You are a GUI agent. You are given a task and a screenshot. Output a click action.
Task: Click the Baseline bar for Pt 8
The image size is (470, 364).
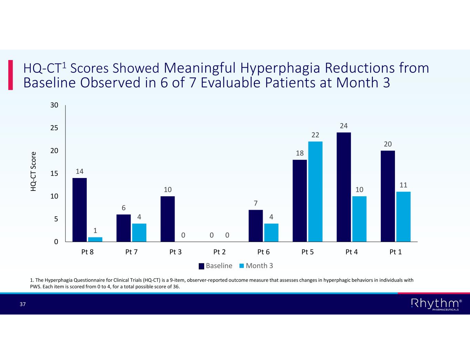coord(80,209)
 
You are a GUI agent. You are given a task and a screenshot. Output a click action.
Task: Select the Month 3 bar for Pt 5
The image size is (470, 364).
coord(315,191)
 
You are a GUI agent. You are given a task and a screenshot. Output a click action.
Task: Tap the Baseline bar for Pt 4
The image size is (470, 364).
coord(344,187)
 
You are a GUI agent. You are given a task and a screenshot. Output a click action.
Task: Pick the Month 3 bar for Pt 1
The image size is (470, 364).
coord(403,216)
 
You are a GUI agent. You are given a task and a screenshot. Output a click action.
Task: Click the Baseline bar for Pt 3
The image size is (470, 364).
coord(168,219)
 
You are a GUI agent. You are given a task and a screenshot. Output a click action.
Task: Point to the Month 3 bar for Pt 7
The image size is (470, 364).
coord(139,233)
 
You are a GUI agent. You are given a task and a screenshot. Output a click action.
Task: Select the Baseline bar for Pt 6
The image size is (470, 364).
coord(256,226)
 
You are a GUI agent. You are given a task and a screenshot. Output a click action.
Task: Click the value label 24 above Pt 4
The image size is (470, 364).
coord(344,126)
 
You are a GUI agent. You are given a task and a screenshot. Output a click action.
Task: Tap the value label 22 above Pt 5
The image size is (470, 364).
coord(315,135)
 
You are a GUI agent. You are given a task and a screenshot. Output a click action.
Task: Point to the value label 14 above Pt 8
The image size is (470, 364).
coord(80,171)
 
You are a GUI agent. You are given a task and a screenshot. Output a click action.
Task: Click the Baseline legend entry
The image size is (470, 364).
coord(216,266)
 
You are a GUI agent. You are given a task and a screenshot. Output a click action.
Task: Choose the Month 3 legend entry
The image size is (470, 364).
coord(256,266)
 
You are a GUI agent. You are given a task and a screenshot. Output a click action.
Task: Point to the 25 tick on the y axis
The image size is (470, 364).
coord(54,128)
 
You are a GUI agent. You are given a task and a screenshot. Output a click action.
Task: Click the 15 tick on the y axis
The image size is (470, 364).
coord(54,174)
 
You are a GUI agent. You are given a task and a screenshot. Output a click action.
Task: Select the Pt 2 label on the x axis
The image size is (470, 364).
coord(219,252)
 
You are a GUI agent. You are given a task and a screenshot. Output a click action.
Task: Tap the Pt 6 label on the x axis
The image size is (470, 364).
coord(263,252)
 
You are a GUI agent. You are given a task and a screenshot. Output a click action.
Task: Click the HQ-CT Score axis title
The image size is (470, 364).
coord(33,171)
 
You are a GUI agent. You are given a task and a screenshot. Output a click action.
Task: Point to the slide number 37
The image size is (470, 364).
coord(23,304)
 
